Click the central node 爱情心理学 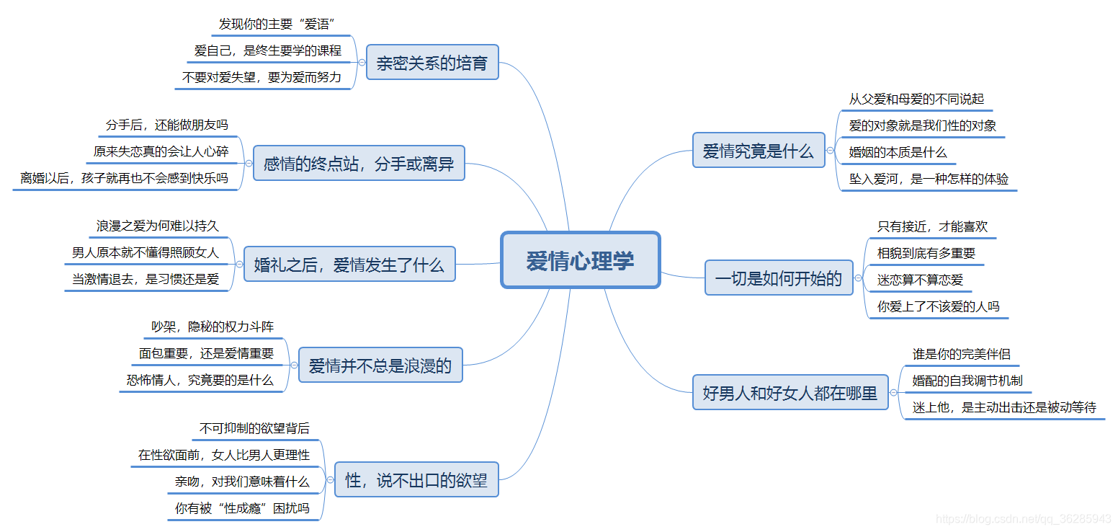580,260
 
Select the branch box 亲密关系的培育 432,63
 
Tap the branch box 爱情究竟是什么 758,151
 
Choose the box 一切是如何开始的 778,278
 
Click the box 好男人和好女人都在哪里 790,393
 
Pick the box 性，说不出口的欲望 416,480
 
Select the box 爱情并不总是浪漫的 380,365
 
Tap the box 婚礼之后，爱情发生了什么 349,265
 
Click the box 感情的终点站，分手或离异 359,164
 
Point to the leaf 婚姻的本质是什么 898,152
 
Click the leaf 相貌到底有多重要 926,253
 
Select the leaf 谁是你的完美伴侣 961,354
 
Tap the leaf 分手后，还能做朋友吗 166,125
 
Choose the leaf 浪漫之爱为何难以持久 157,226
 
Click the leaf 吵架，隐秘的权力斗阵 212,327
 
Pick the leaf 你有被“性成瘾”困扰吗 242,508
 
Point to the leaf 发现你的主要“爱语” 277,25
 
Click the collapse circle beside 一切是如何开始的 858,278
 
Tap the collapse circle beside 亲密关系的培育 362,63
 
